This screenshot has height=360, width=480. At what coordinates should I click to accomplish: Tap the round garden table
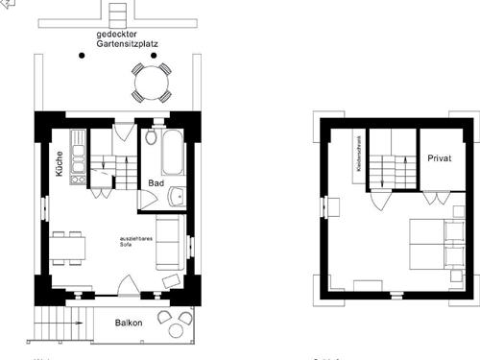151,83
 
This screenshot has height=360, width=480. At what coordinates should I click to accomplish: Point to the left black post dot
83,56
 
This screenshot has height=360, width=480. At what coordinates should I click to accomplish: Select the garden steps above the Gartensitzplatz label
117,13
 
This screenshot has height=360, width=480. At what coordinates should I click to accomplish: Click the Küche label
60,164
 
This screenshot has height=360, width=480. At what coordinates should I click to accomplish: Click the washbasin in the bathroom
176,199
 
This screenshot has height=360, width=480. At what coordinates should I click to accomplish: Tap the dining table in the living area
68,248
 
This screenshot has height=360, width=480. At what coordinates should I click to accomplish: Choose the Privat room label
439,156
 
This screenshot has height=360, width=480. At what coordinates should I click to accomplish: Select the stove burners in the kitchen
78,178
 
